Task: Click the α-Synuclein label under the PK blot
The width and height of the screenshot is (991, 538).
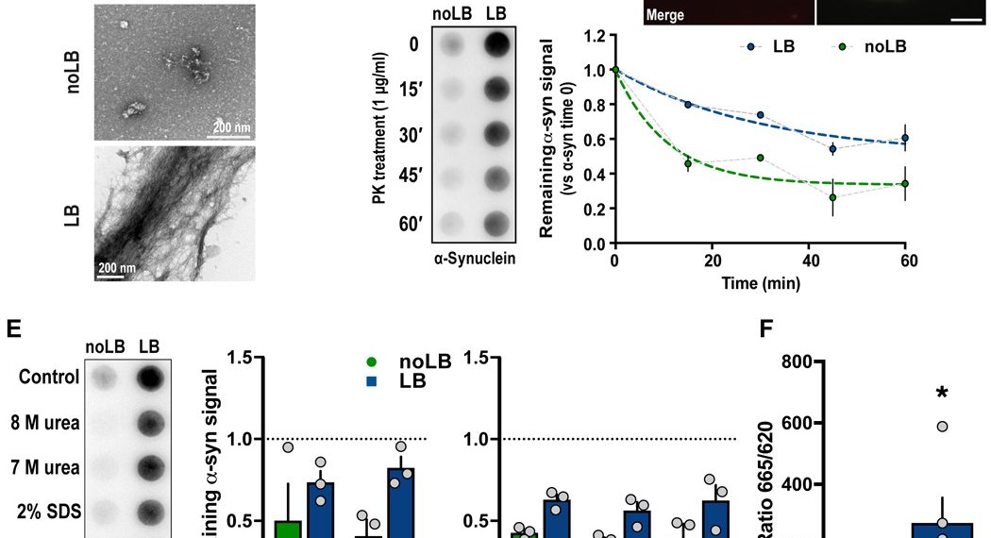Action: point(475,259)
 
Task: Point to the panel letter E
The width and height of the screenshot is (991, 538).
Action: point(13,328)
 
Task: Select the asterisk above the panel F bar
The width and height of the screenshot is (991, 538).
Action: point(941,393)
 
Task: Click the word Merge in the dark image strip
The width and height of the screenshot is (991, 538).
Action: point(665,15)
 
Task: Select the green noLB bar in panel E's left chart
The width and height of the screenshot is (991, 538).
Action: point(288,529)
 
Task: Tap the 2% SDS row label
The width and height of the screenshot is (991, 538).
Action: point(51,512)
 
